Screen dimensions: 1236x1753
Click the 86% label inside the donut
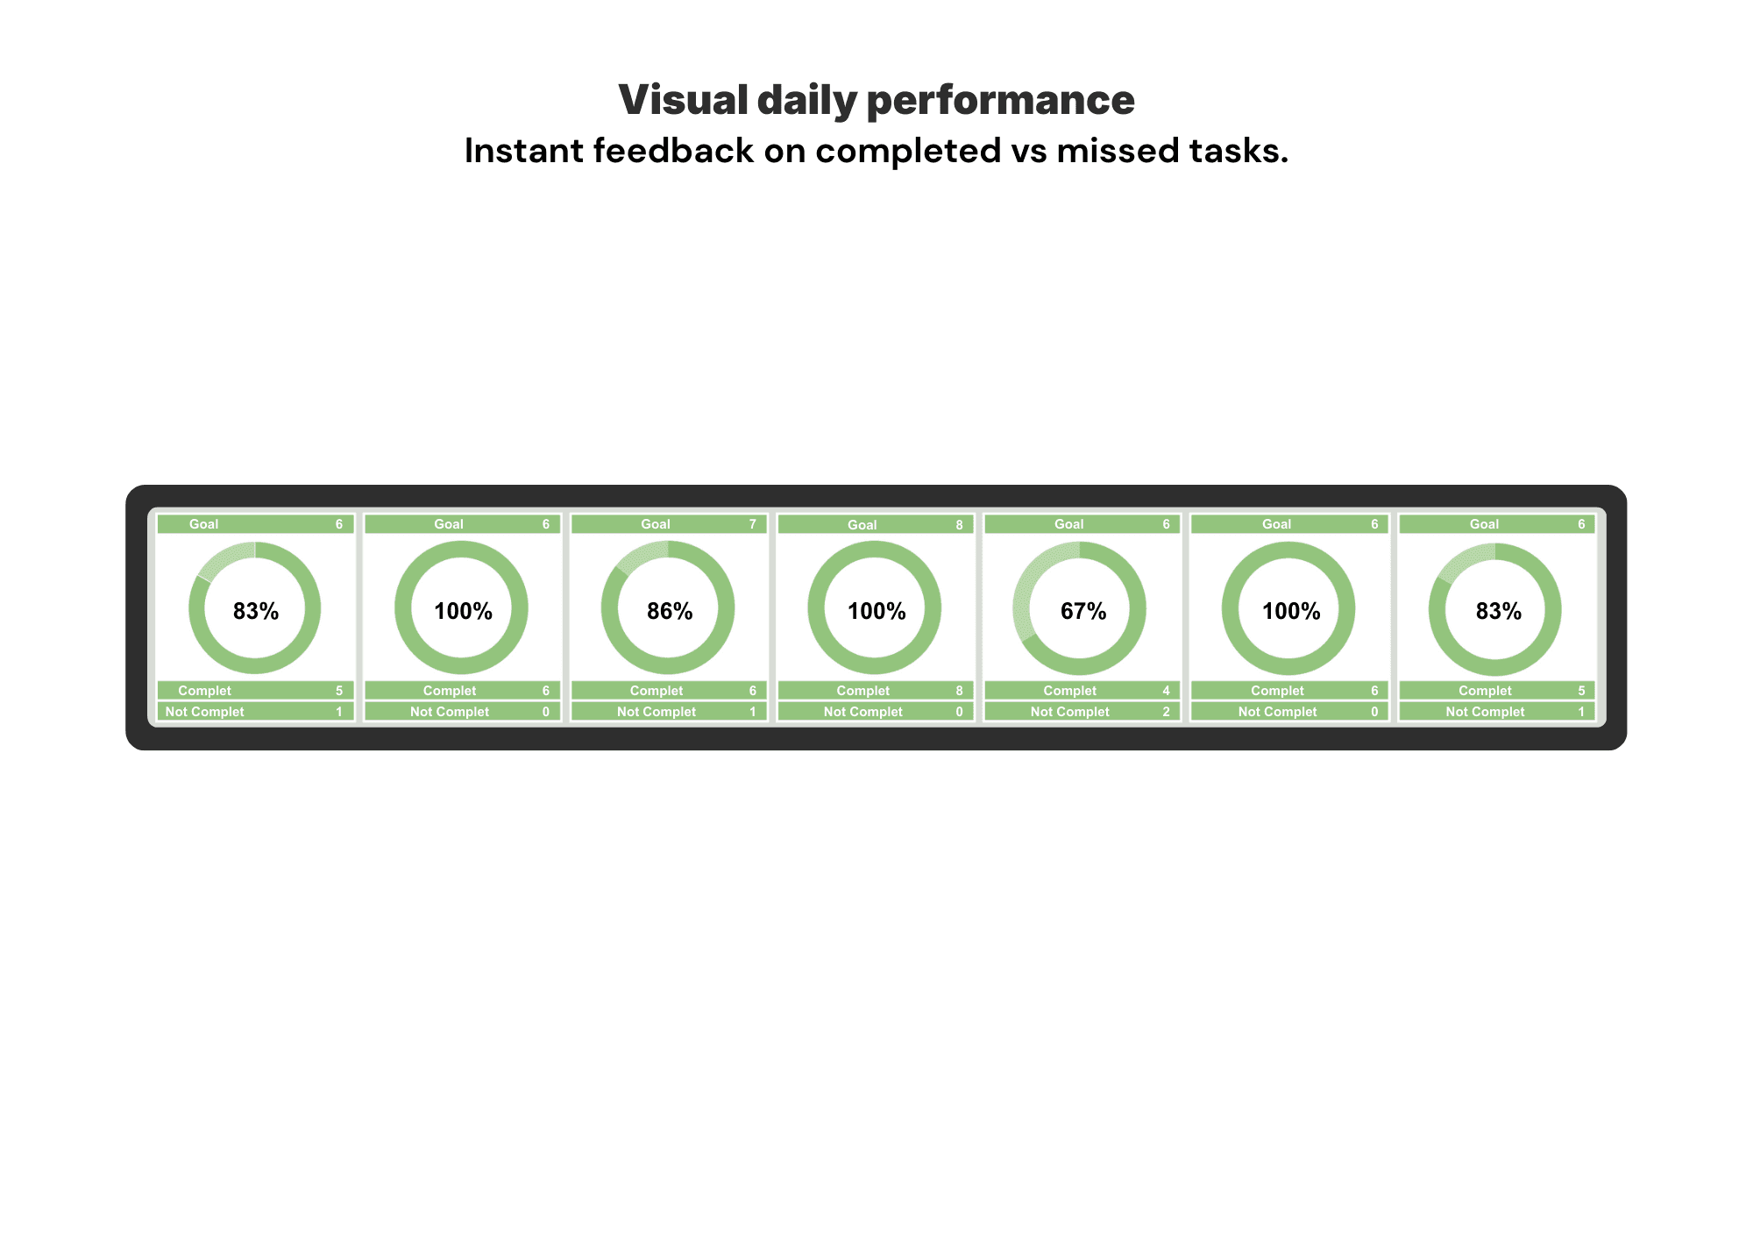(670, 611)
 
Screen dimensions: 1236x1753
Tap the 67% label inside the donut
(1083, 611)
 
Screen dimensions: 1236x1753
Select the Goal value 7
(752, 524)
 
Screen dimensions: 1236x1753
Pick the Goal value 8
(959, 525)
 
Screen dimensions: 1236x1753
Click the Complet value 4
(1166, 691)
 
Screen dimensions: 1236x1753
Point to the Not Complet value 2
(1166, 712)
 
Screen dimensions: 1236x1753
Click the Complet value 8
(959, 691)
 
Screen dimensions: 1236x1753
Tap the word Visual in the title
(683, 100)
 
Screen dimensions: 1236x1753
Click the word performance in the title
(1000, 100)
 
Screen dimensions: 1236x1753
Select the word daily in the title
(806, 100)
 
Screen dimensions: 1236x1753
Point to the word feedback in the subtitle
(673, 151)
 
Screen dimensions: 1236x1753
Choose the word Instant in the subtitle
(523, 151)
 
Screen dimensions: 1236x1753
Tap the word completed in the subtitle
(908, 151)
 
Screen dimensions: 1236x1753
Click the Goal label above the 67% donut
(1068, 524)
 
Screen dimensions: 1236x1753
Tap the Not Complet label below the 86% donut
(656, 712)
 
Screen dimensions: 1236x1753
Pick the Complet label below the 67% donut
(1069, 691)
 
